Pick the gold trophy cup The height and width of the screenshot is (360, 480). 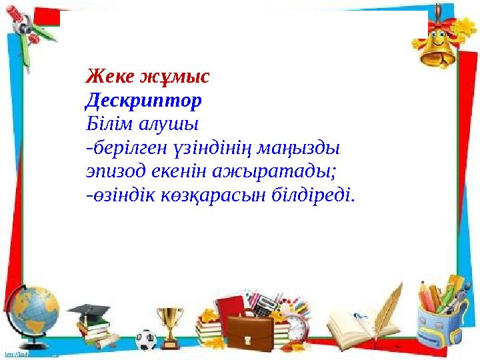coord(169,323)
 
